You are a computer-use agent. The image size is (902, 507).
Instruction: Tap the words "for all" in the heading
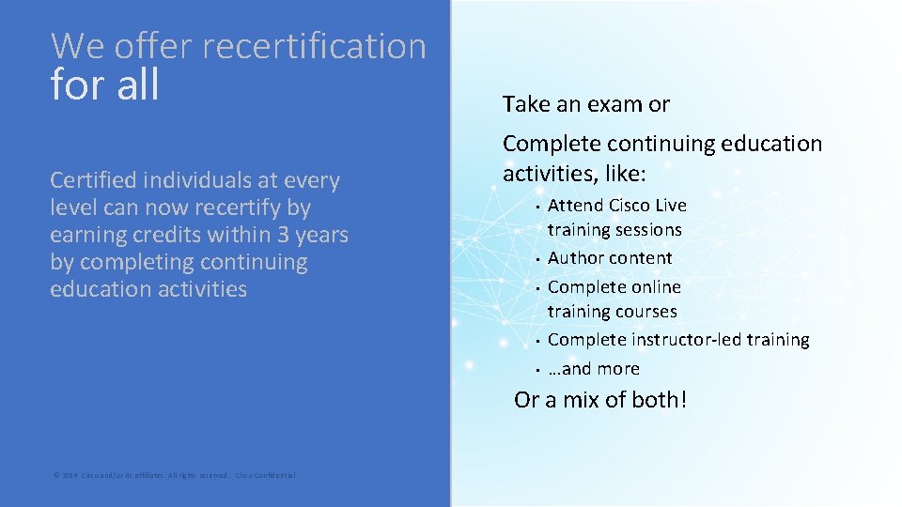click(105, 85)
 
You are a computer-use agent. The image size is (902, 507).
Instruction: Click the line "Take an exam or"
click(586, 104)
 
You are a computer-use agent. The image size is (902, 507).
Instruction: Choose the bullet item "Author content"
click(610, 257)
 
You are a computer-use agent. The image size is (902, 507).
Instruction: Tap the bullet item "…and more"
click(594, 368)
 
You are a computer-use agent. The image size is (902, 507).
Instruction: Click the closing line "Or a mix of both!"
click(600, 400)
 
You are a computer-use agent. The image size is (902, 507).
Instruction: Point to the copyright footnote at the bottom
click(174, 476)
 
